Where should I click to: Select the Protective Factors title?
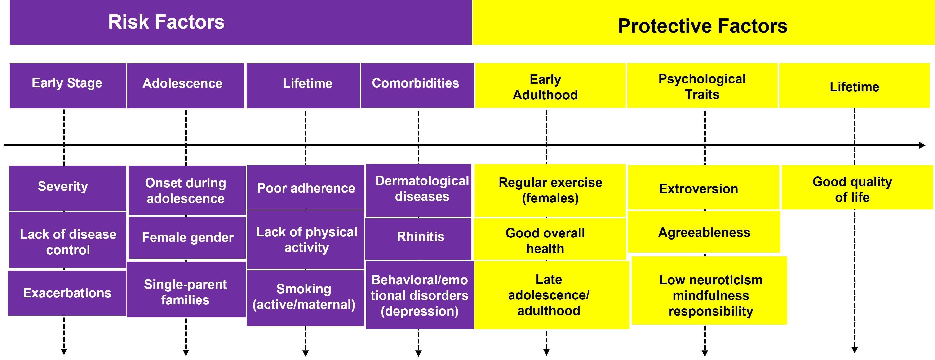[x=703, y=26]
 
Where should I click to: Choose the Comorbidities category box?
[x=417, y=85]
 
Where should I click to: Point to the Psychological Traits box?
[x=702, y=85]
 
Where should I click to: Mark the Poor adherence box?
[x=306, y=187]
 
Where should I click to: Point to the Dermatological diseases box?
[x=418, y=190]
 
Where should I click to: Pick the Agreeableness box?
[x=704, y=232]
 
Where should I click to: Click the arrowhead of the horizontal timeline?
[x=922, y=145]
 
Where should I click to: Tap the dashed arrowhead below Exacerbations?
[x=64, y=352]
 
